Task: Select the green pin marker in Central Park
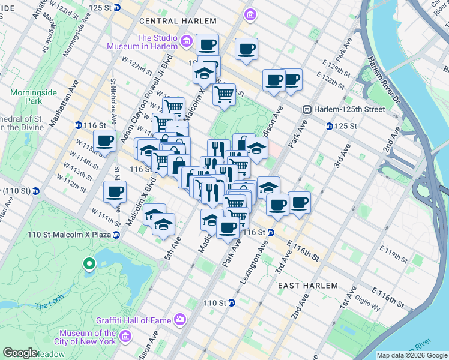click(89, 263)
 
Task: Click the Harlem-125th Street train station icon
click(307, 110)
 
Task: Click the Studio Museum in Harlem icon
click(187, 42)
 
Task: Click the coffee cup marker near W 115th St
click(104, 142)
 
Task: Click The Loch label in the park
click(46, 306)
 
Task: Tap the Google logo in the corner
click(20, 353)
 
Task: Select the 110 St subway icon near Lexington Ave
click(231, 302)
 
